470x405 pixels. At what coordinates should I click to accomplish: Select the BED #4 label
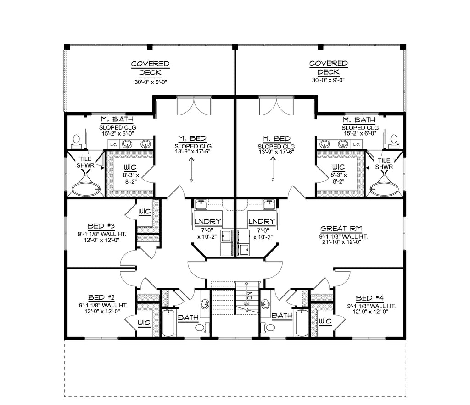[371, 297]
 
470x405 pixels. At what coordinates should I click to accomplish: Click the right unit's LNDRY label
[262, 222]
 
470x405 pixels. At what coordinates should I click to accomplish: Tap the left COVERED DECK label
[150, 68]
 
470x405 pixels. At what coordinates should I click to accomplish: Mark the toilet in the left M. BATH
[76, 140]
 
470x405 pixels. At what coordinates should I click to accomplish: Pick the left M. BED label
[193, 138]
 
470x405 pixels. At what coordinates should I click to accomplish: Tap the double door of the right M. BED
[276, 106]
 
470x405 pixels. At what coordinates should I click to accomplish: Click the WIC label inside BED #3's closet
[145, 211]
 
